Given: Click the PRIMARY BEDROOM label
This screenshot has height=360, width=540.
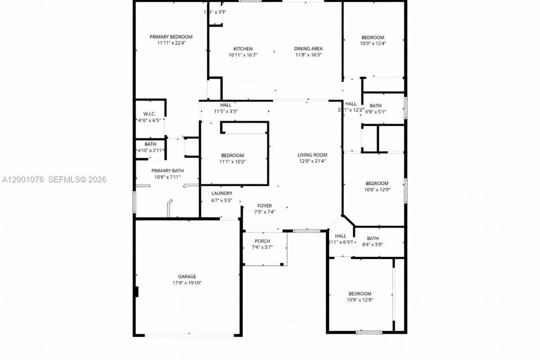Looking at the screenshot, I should pos(171,37).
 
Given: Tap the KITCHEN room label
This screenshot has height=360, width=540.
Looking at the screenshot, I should pos(243,49).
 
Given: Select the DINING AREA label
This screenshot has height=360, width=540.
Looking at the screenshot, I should pos(308,49).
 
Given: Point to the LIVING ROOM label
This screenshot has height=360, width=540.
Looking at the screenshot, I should pos(312,155).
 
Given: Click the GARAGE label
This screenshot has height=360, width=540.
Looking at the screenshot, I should pos(186,277).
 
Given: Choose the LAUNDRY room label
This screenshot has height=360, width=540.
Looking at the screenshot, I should pos(222,193).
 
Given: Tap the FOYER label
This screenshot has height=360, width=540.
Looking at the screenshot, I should pos(265,206).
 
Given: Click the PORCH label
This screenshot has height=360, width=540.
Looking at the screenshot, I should pos(262,241).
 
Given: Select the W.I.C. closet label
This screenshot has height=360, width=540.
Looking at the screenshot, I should pos(149,114).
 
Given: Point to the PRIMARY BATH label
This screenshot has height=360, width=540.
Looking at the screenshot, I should pos(167,171).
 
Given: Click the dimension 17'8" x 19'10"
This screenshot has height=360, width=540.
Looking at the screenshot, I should pos(186,283).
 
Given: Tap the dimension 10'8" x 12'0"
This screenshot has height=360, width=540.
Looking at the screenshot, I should pos(360,300).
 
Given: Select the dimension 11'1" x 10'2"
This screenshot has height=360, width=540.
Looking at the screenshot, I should pos(232,161).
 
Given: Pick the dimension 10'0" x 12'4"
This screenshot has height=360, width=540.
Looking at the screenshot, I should pos(373,43).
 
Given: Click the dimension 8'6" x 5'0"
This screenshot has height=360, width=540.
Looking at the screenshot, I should pos(373,244).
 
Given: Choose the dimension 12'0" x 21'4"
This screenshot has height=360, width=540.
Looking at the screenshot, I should pos(312,161).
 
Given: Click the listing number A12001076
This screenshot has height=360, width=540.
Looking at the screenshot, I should pos(23,180).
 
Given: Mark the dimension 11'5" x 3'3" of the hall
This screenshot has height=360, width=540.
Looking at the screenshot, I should pos(226,111).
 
